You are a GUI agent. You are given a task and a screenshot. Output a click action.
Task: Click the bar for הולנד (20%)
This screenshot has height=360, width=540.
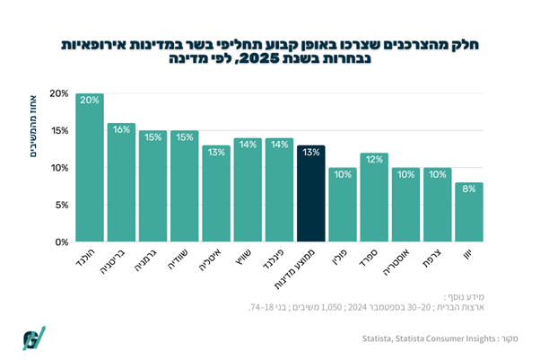tap(90, 168)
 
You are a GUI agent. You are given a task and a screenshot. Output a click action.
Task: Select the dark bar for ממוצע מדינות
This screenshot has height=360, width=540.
tap(311, 193)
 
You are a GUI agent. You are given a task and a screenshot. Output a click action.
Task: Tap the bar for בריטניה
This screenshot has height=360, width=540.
tap(121, 182)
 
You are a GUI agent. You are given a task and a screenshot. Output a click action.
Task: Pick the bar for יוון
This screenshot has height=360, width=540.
tap(469, 212)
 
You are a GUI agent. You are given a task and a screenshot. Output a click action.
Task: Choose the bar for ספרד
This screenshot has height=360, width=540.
tap(374, 198)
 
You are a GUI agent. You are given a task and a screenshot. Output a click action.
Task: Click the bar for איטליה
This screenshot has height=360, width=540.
tap(216, 193)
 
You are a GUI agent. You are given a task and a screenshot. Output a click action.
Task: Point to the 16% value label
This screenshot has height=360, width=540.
tap(121, 129)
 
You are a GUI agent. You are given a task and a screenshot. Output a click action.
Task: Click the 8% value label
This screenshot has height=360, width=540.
tap(469, 189)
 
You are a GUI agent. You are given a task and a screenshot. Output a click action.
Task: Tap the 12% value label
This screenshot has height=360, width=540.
tap(374, 159)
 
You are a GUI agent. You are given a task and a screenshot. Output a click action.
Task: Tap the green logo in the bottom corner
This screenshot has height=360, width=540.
tap(33, 337)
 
